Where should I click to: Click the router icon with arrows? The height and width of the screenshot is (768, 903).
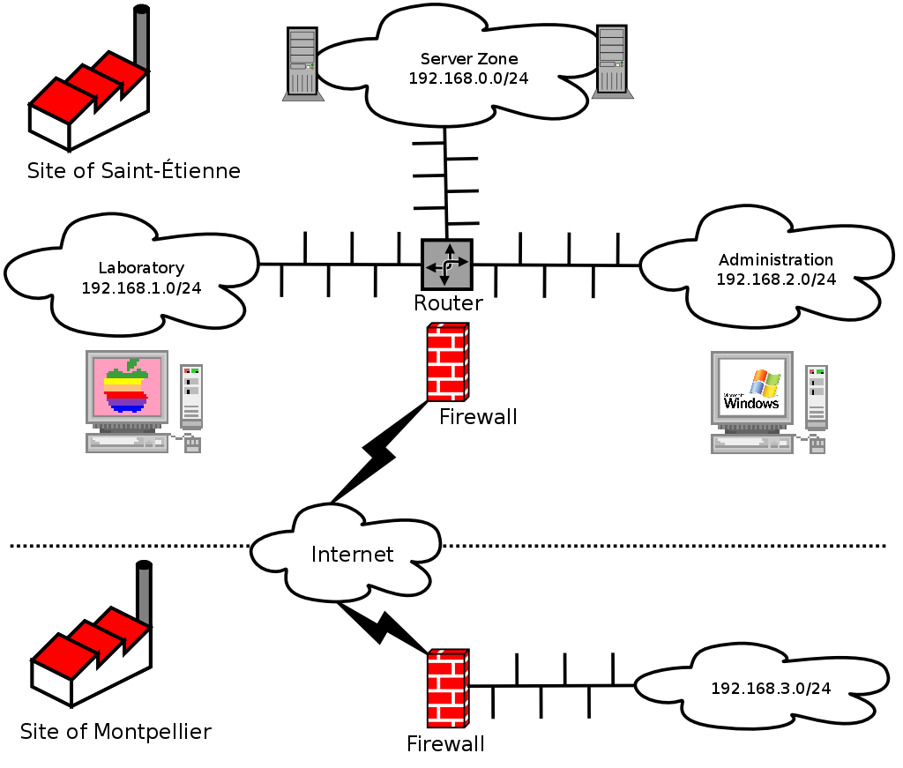click(x=446, y=264)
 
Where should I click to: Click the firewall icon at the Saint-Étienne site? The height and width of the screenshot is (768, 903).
click(x=447, y=362)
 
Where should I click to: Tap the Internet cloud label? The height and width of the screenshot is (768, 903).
click(x=352, y=554)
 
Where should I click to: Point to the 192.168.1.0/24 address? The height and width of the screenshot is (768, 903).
click(x=141, y=287)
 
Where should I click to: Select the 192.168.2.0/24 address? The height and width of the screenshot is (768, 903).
click(x=775, y=279)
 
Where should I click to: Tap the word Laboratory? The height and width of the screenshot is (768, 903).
click(x=141, y=268)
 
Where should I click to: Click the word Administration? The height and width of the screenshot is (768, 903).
click(x=775, y=259)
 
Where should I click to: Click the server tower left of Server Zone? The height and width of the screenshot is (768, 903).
click(x=302, y=62)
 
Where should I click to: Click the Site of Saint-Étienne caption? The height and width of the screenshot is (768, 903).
click(x=133, y=170)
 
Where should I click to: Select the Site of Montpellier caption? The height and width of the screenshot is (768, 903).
click(x=116, y=731)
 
